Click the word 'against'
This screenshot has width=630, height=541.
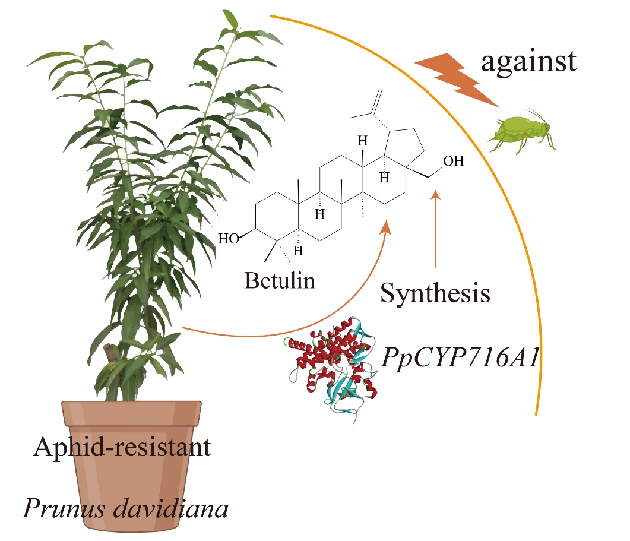pyautogui.click(x=528, y=61)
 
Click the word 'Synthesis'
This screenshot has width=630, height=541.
pyautogui.click(x=435, y=293)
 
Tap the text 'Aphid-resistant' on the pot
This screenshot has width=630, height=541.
pyautogui.click(x=122, y=447)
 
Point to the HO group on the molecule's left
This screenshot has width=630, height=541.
pyautogui.click(x=228, y=239)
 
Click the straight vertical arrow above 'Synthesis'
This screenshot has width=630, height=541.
pyautogui.click(x=436, y=232)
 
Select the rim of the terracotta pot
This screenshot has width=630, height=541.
pyautogui.click(x=131, y=410)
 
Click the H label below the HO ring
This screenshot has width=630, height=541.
pyautogui.click(x=299, y=251)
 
